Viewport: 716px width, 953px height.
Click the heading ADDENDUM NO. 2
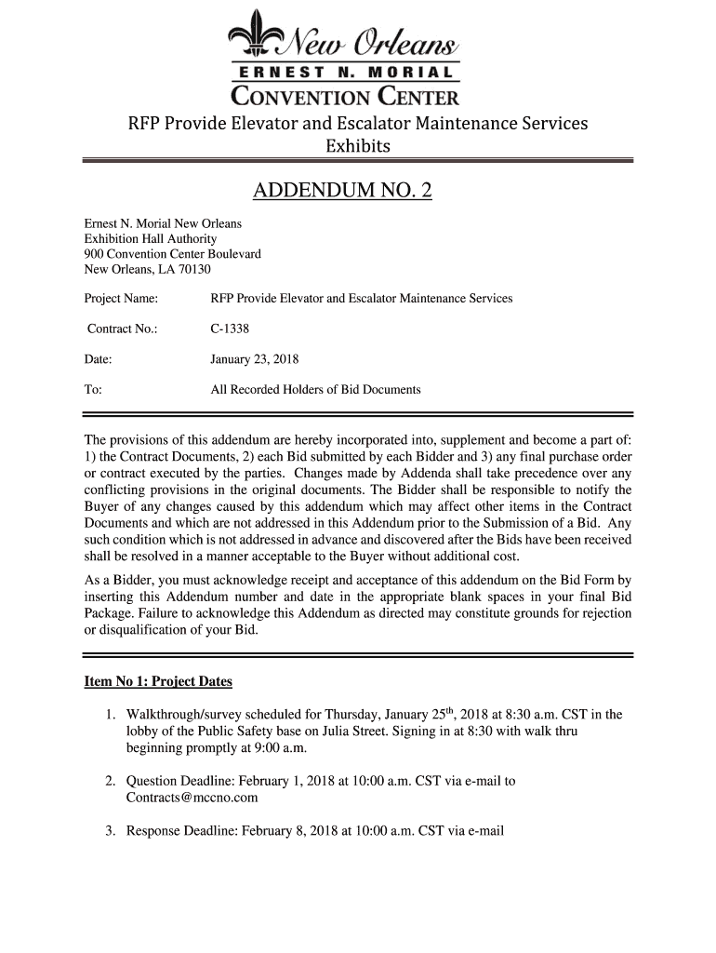coord(343,193)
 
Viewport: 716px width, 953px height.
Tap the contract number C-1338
coord(230,329)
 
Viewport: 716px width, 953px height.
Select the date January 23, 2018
coord(255,359)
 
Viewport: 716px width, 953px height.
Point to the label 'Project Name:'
coord(121,299)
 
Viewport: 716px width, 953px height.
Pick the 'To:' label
coord(93,389)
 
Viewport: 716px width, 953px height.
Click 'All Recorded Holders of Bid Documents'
coord(315,389)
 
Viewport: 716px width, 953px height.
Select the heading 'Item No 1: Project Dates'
coord(158,681)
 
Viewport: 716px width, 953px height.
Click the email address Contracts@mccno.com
coord(192,798)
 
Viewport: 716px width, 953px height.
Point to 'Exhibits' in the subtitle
coord(357,147)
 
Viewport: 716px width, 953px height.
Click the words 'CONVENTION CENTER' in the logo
coord(345,95)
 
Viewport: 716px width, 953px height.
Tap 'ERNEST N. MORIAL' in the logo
coord(346,73)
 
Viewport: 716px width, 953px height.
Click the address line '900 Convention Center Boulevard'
coord(173,254)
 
